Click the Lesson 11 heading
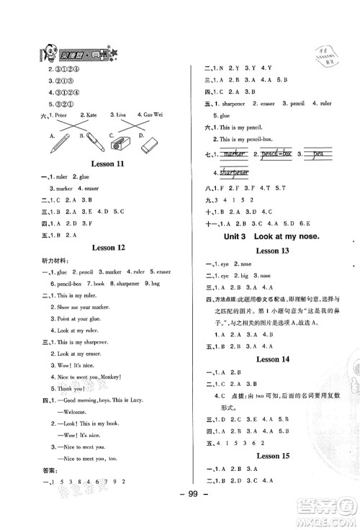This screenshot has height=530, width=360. (x=106, y=166)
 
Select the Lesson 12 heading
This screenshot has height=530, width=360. (x=106, y=246)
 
